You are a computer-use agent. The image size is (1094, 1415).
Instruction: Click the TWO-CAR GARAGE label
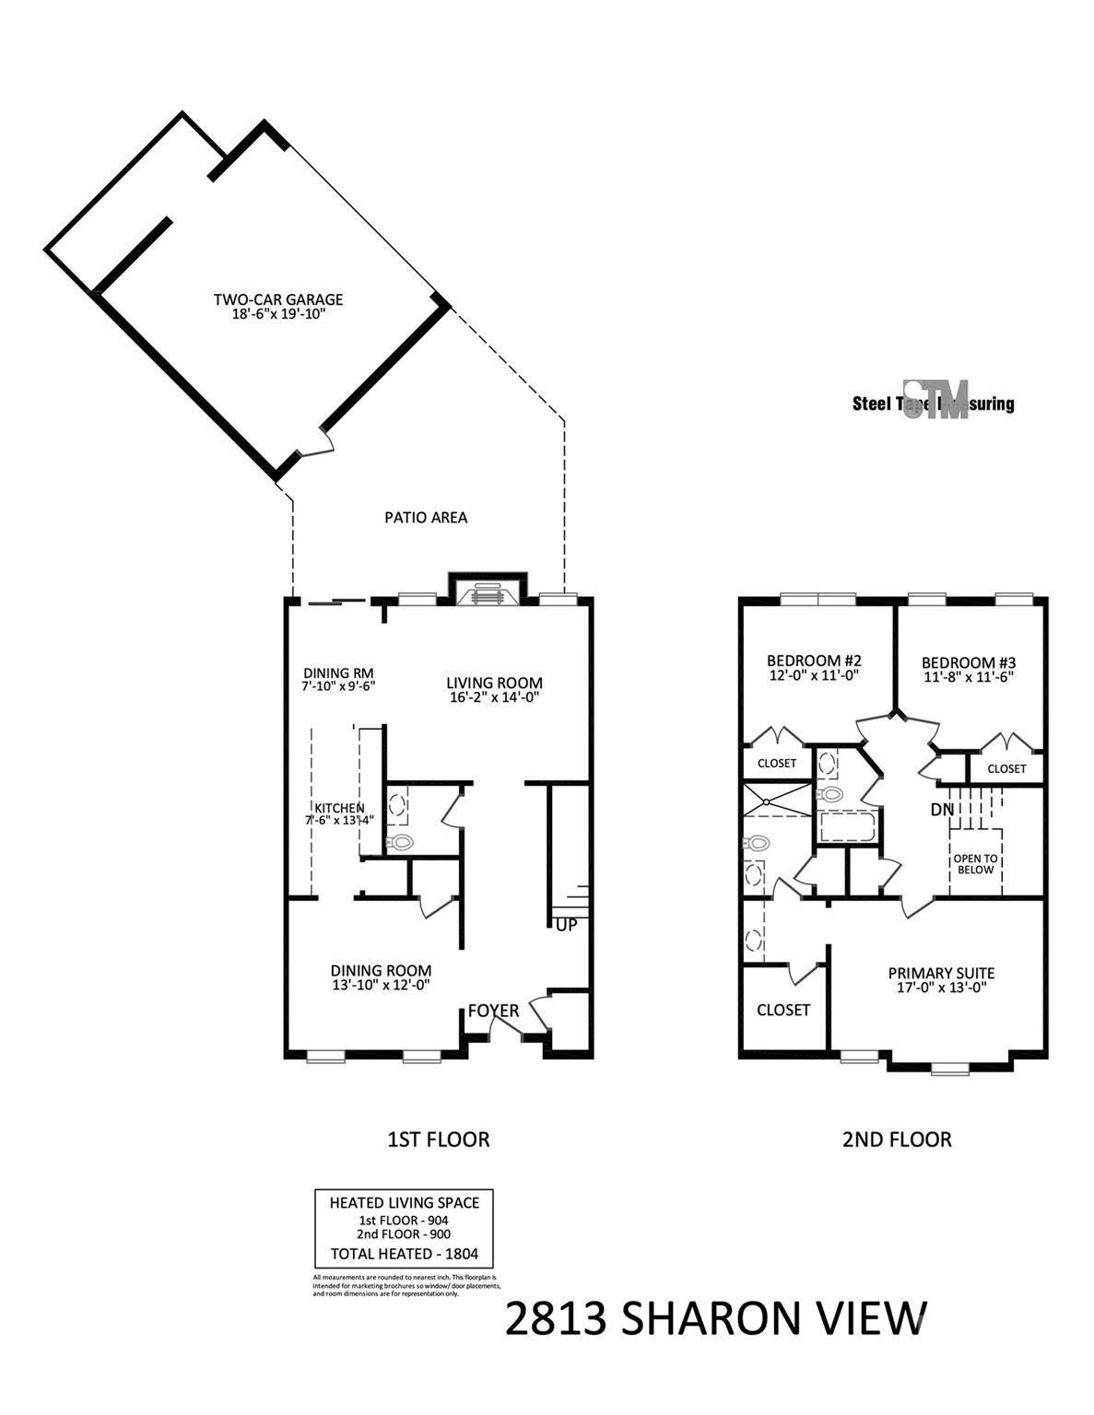[277, 299]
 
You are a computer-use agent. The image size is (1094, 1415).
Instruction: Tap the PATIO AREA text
[425, 518]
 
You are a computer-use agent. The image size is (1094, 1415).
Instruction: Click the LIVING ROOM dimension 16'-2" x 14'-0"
[494, 697]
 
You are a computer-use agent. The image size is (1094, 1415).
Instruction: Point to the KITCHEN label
[339, 808]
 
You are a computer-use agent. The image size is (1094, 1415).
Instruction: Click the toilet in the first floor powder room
[401, 840]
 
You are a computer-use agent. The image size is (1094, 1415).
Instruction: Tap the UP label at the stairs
[566, 925]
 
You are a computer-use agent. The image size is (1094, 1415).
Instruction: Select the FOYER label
[493, 1011]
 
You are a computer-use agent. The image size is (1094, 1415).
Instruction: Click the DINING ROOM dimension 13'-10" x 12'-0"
[381, 985]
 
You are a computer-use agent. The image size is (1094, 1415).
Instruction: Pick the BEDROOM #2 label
[814, 661]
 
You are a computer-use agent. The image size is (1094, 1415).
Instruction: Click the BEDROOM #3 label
[968, 662]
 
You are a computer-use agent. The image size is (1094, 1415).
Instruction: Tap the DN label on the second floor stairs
[942, 810]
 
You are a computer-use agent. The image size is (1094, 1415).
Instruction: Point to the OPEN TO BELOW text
[975, 864]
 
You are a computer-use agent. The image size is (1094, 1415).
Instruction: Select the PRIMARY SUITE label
[940, 973]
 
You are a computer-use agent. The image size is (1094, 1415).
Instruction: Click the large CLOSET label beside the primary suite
[782, 1010]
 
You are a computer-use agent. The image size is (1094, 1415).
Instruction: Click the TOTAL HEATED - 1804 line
[404, 1254]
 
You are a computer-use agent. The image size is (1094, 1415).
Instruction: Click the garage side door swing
[316, 445]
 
